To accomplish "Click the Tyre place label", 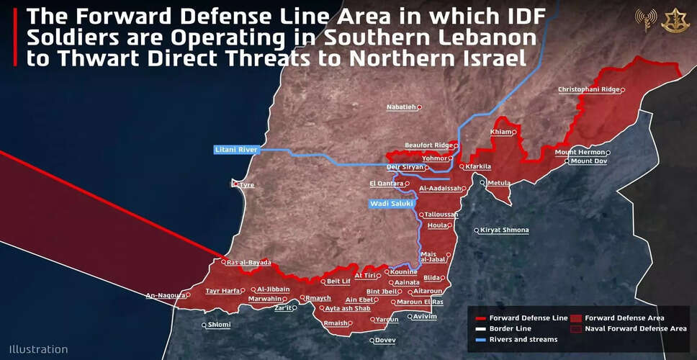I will (x=247, y=185).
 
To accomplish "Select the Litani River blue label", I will (x=236, y=150).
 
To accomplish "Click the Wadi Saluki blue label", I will (x=390, y=204).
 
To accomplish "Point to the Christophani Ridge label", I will (x=588, y=90).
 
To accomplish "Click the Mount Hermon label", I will (x=580, y=153).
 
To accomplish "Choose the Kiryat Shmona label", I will (x=505, y=230).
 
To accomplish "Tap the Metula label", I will (x=498, y=184).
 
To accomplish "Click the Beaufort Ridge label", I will (x=428, y=145).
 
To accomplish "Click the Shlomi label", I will (x=220, y=325).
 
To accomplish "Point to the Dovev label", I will (x=386, y=340).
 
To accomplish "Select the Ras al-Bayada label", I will (x=248, y=263).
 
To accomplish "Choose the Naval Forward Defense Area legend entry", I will (x=636, y=328).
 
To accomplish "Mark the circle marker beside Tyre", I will (x=235, y=184).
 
